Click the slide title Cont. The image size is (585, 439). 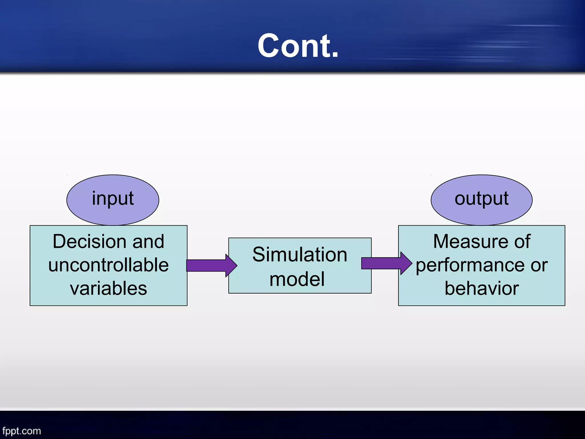(298, 46)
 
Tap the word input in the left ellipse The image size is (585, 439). (113, 199)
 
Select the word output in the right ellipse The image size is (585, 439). (481, 199)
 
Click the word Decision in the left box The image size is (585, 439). (89, 242)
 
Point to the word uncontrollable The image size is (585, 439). (109, 265)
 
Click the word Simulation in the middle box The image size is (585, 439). (300, 254)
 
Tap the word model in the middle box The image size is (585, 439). (297, 279)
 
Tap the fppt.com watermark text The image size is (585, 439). (22, 431)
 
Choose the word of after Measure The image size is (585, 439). (522, 242)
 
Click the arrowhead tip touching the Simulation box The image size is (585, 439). (236, 266)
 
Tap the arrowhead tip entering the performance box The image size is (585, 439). (411, 263)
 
